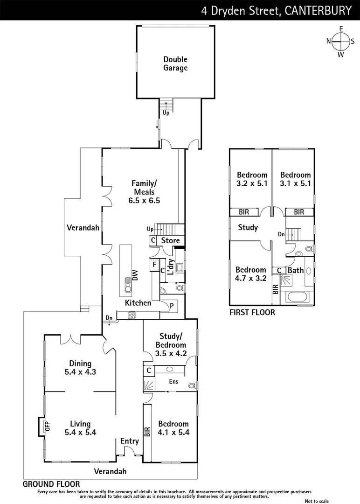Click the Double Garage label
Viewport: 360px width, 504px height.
(175, 64)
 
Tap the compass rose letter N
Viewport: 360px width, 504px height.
(328, 41)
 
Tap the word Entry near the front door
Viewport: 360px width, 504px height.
(129, 441)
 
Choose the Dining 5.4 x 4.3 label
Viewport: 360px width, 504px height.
(80, 368)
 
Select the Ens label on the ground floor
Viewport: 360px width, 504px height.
(173, 381)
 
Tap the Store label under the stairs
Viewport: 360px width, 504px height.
(170, 241)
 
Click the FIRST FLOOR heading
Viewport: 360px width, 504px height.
(252, 312)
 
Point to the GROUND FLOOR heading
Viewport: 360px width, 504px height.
(51, 484)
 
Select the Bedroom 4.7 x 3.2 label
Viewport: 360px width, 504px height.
(250, 274)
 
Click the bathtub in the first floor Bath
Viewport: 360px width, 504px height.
(298, 297)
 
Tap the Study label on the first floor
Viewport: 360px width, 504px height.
(248, 228)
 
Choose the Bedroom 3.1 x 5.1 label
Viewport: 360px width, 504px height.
(295, 179)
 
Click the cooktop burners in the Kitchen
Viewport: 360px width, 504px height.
(132, 315)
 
